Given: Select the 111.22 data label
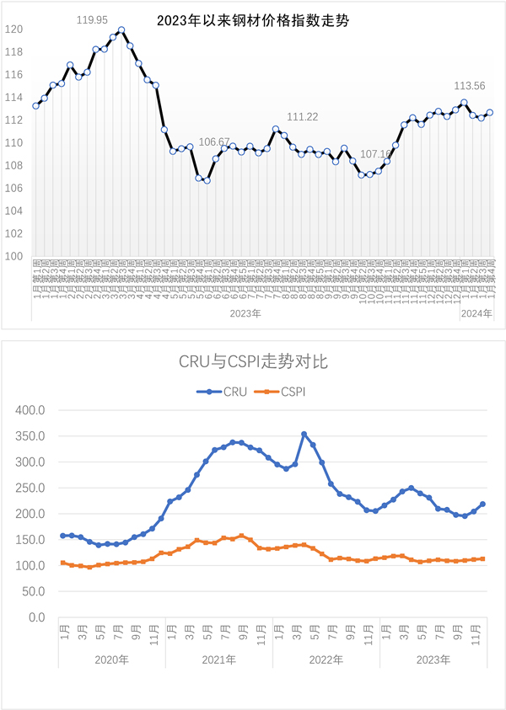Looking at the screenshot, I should click(303, 117).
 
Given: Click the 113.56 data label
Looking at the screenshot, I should click(470, 86).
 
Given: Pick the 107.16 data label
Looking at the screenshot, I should click(376, 154).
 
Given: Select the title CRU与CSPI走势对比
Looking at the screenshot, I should click(253, 363).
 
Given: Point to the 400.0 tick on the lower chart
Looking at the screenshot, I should click(31, 410).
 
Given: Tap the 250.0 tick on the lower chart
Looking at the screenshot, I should click(31, 488).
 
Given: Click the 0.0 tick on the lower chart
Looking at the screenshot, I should click(38, 617).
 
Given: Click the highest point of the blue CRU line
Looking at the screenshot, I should click(304, 434).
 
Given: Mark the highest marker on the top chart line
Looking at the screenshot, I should click(121, 30).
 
